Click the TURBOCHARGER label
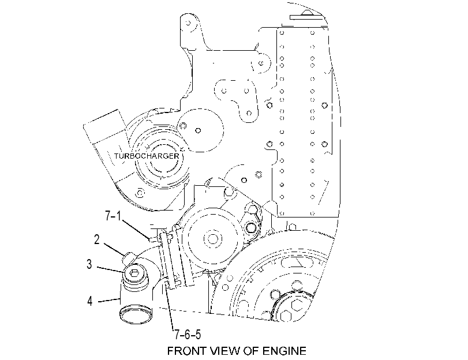[147, 156]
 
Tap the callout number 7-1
[114, 216]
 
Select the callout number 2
[97, 239]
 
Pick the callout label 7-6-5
[188, 335]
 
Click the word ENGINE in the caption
[284, 351]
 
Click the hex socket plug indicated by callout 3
[134, 273]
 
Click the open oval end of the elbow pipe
[136, 314]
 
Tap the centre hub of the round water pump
[212, 239]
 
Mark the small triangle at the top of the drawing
[306, 13]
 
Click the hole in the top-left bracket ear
[188, 22]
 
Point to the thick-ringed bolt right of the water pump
[250, 228]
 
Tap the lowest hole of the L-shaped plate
[249, 113]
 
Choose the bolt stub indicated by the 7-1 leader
[153, 239]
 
